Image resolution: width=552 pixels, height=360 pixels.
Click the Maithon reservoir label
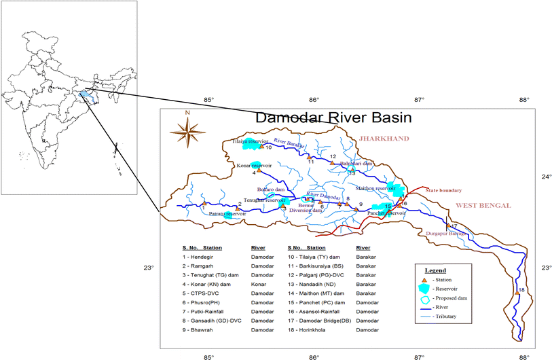(375, 188)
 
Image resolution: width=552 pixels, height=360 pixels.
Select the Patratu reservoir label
(227, 214)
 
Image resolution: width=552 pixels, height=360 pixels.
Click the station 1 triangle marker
(204, 202)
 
